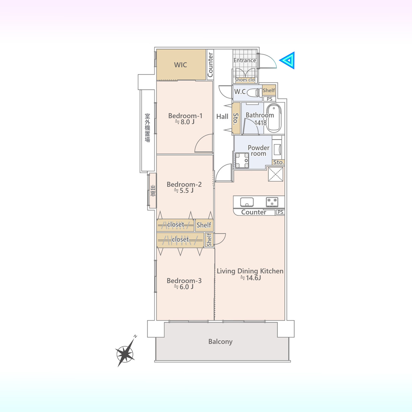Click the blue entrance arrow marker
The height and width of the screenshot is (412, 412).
point(287,60)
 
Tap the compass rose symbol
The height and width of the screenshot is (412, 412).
point(126,354)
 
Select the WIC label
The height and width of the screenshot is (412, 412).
point(181,65)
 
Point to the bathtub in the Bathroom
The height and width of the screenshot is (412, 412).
point(274,118)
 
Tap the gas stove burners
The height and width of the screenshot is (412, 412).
point(272,202)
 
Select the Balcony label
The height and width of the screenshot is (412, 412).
point(220,342)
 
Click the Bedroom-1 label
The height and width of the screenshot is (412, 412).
point(185,116)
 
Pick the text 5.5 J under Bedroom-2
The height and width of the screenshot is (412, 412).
point(184,190)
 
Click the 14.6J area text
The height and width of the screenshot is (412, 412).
point(250,278)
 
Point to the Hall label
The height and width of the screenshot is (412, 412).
point(222,117)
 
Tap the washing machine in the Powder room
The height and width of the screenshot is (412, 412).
point(242,160)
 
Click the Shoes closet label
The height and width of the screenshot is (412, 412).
point(245,80)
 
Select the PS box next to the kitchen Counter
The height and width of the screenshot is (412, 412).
point(280,212)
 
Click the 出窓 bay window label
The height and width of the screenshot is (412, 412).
point(153,191)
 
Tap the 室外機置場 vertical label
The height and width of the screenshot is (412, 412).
point(147,128)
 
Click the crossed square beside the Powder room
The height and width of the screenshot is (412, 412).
point(276,174)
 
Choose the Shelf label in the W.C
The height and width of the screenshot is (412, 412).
point(269,90)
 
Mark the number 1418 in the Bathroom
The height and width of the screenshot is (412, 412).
point(260,123)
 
